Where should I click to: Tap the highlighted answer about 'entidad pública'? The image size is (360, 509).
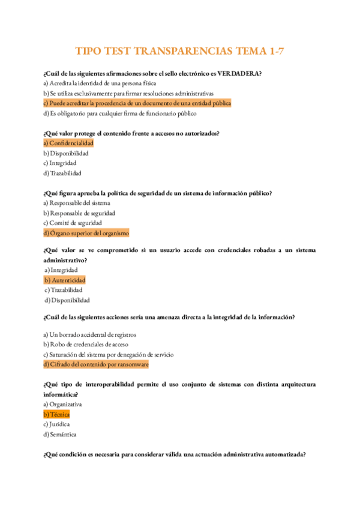coord(137,103)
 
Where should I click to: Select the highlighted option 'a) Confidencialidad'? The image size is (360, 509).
coord(68,143)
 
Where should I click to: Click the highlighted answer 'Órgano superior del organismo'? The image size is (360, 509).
coord(86,233)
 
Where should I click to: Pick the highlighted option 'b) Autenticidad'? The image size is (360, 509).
coord(65,280)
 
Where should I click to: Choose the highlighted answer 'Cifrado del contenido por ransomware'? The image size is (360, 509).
coord(96,364)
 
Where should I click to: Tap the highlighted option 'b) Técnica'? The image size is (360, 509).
coord(56,415)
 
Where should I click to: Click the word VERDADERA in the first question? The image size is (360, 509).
coord(239,73)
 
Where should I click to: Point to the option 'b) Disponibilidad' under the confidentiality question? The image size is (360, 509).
coord(66,154)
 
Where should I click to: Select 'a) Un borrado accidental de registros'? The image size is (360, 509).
coord(90,334)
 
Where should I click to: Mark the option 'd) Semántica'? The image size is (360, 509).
coord(60,435)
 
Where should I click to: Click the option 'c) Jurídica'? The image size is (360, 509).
coord(57,424)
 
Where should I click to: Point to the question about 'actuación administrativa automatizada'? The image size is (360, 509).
coord(175,454)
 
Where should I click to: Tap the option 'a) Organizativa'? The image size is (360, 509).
coord(63,405)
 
